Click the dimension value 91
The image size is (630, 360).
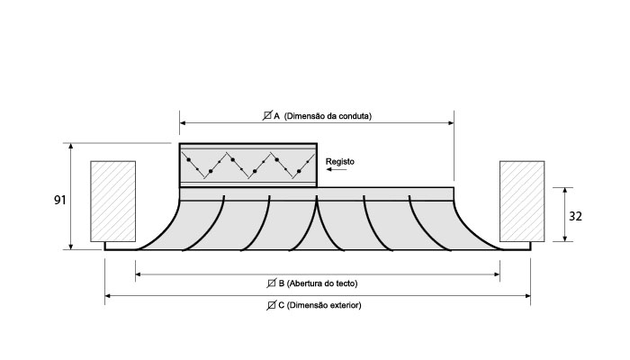click(x=59, y=200)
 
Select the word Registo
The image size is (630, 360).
click(x=340, y=162)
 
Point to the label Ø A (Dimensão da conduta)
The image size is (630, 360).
click(x=317, y=115)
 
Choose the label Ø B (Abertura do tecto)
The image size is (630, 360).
click(x=318, y=283)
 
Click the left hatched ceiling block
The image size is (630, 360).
click(x=113, y=202)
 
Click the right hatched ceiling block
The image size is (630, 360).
click(x=521, y=202)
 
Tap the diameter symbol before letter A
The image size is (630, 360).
click(x=267, y=115)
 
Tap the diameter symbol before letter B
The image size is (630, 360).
click(x=273, y=283)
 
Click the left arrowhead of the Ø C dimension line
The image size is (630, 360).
click(x=108, y=294)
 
